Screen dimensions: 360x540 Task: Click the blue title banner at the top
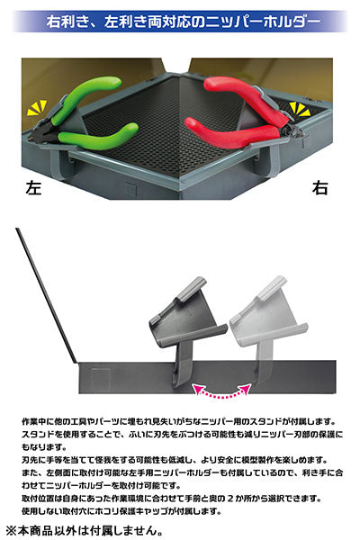[180, 22]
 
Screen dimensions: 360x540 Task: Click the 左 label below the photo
[33, 188]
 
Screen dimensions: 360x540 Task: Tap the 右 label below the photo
[319, 188]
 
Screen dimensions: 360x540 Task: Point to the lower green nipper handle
[98, 136]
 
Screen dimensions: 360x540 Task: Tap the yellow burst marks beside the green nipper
[37, 108]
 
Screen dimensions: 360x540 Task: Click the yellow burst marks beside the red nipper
[300, 109]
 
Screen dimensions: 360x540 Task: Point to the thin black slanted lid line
[47, 295]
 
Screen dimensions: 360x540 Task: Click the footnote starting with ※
[84, 530]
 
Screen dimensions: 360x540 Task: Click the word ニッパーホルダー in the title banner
[263, 22]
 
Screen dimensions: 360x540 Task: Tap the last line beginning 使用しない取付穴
[121, 511]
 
